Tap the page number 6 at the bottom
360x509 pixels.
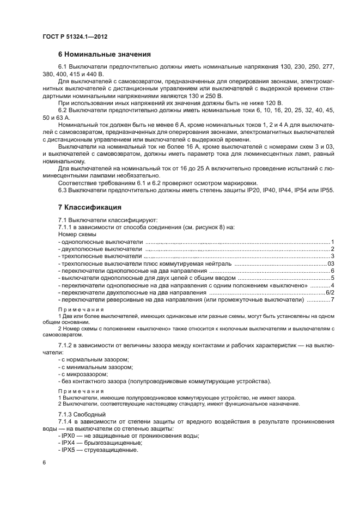[44, 462]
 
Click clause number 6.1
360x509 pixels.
[63, 66]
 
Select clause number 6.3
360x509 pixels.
[63, 190]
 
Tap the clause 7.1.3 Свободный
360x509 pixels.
[78, 414]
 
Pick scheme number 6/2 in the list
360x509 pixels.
[329, 293]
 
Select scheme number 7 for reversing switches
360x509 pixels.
[332, 300]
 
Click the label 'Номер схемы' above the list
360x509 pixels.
[76, 234]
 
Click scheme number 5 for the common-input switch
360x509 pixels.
[332, 278]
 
